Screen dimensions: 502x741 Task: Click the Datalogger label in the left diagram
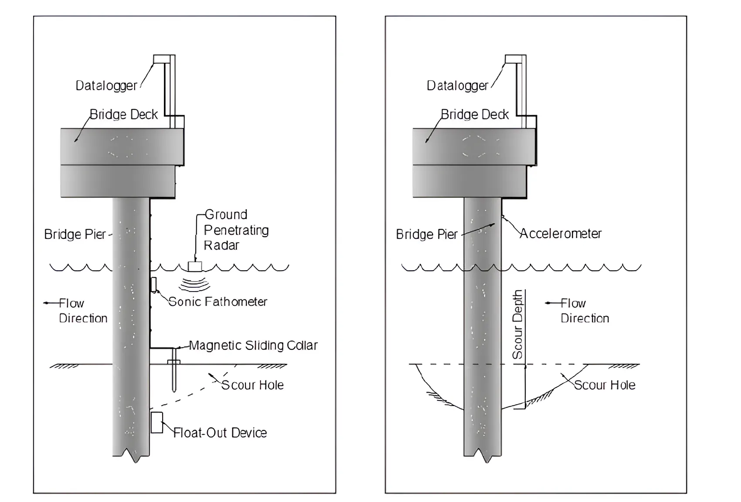pyautogui.click(x=106, y=85)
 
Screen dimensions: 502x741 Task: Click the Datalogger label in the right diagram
pyautogui.click(x=457, y=85)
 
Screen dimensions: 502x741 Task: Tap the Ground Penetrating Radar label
pyautogui.click(x=235, y=230)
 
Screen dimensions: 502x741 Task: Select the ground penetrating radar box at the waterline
pyautogui.click(x=194, y=266)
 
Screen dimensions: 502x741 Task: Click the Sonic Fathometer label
pyautogui.click(x=218, y=302)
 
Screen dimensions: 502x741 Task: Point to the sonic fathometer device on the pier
pyautogui.click(x=153, y=284)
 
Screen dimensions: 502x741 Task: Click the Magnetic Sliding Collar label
pyautogui.click(x=253, y=346)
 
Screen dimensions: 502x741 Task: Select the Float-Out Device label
pyautogui.click(x=220, y=433)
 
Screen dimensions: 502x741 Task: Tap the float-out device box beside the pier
pyautogui.click(x=157, y=422)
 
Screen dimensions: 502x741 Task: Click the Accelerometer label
pyautogui.click(x=561, y=234)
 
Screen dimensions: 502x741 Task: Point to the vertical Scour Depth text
pyautogui.click(x=517, y=325)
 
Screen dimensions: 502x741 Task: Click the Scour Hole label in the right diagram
pyautogui.click(x=604, y=385)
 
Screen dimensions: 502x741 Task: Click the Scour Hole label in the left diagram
pyautogui.click(x=252, y=385)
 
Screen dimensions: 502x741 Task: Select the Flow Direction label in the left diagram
pyautogui.click(x=83, y=310)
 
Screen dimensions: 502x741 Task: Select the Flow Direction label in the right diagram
pyautogui.click(x=584, y=310)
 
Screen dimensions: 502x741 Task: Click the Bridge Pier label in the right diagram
pyautogui.click(x=426, y=234)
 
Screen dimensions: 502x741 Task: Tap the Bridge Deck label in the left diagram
pyautogui.click(x=123, y=114)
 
